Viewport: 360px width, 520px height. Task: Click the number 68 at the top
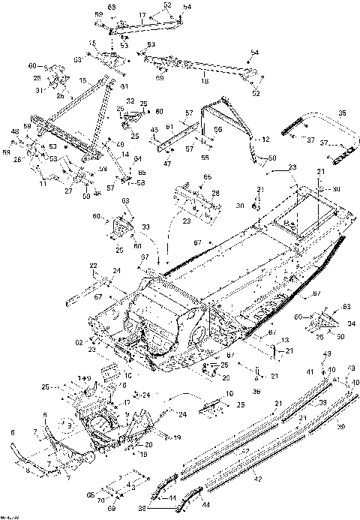[112, 7]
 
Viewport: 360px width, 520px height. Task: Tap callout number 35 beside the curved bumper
[343, 113]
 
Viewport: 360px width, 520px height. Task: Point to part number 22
[94, 266]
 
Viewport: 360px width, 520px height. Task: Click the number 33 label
[145, 227]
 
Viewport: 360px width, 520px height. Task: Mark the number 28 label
[216, 194]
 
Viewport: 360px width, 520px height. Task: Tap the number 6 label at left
[13, 433]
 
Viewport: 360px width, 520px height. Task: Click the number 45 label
[154, 129]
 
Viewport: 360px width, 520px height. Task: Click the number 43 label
[326, 353]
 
